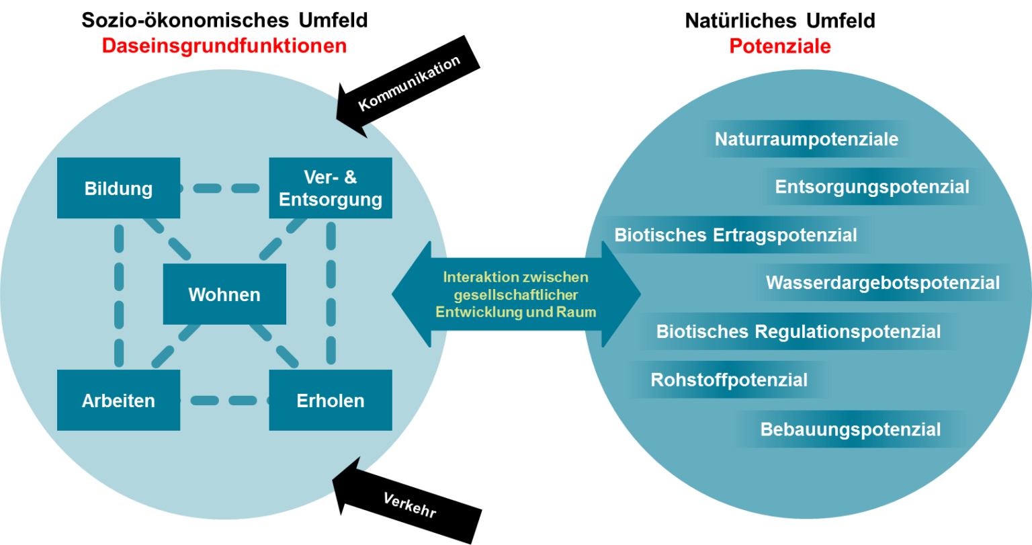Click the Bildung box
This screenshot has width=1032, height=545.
click(x=118, y=188)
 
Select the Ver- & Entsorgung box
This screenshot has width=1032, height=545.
click(x=331, y=188)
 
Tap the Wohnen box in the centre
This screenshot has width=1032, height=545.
click(x=224, y=294)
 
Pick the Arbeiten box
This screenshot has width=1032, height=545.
click(x=118, y=400)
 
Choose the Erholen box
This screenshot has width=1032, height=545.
click(x=331, y=400)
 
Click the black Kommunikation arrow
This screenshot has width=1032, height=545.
click(x=408, y=85)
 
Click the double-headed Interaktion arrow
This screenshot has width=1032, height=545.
click(x=516, y=294)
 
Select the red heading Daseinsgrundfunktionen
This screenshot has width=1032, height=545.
click(x=224, y=46)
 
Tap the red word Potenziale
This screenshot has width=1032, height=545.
click(x=780, y=46)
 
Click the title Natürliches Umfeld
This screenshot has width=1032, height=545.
click(x=780, y=21)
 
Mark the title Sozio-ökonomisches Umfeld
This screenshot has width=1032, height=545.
click(x=224, y=20)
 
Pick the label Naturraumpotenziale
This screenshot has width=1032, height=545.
click(x=806, y=139)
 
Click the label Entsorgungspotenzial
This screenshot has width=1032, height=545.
click(x=872, y=187)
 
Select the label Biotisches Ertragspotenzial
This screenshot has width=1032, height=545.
click(x=736, y=235)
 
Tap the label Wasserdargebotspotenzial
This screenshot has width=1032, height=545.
click(x=883, y=283)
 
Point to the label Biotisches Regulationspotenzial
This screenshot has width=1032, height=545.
click(x=798, y=332)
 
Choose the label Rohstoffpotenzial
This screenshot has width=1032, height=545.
click(x=729, y=380)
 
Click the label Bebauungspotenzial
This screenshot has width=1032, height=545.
click(x=851, y=429)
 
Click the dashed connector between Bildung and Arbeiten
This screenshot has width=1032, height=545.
click(x=119, y=295)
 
